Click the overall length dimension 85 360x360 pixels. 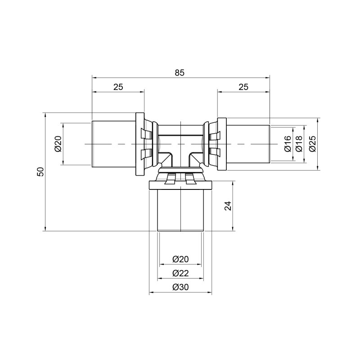point(180,72)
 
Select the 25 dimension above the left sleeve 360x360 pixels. point(118,87)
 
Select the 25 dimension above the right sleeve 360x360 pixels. point(243,87)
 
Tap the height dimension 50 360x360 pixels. point(40,171)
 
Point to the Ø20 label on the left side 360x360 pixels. point(58,144)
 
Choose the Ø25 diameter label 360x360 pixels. point(312,144)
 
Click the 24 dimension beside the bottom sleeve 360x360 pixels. point(228,206)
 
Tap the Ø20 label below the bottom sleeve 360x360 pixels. point(180,259)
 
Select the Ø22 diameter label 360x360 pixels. point(180,273)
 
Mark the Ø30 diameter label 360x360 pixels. point(180,288)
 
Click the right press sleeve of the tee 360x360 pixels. point(247,144)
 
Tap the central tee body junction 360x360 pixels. point(180,144)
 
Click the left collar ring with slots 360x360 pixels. point(140,144)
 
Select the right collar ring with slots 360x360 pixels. point(220,144)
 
